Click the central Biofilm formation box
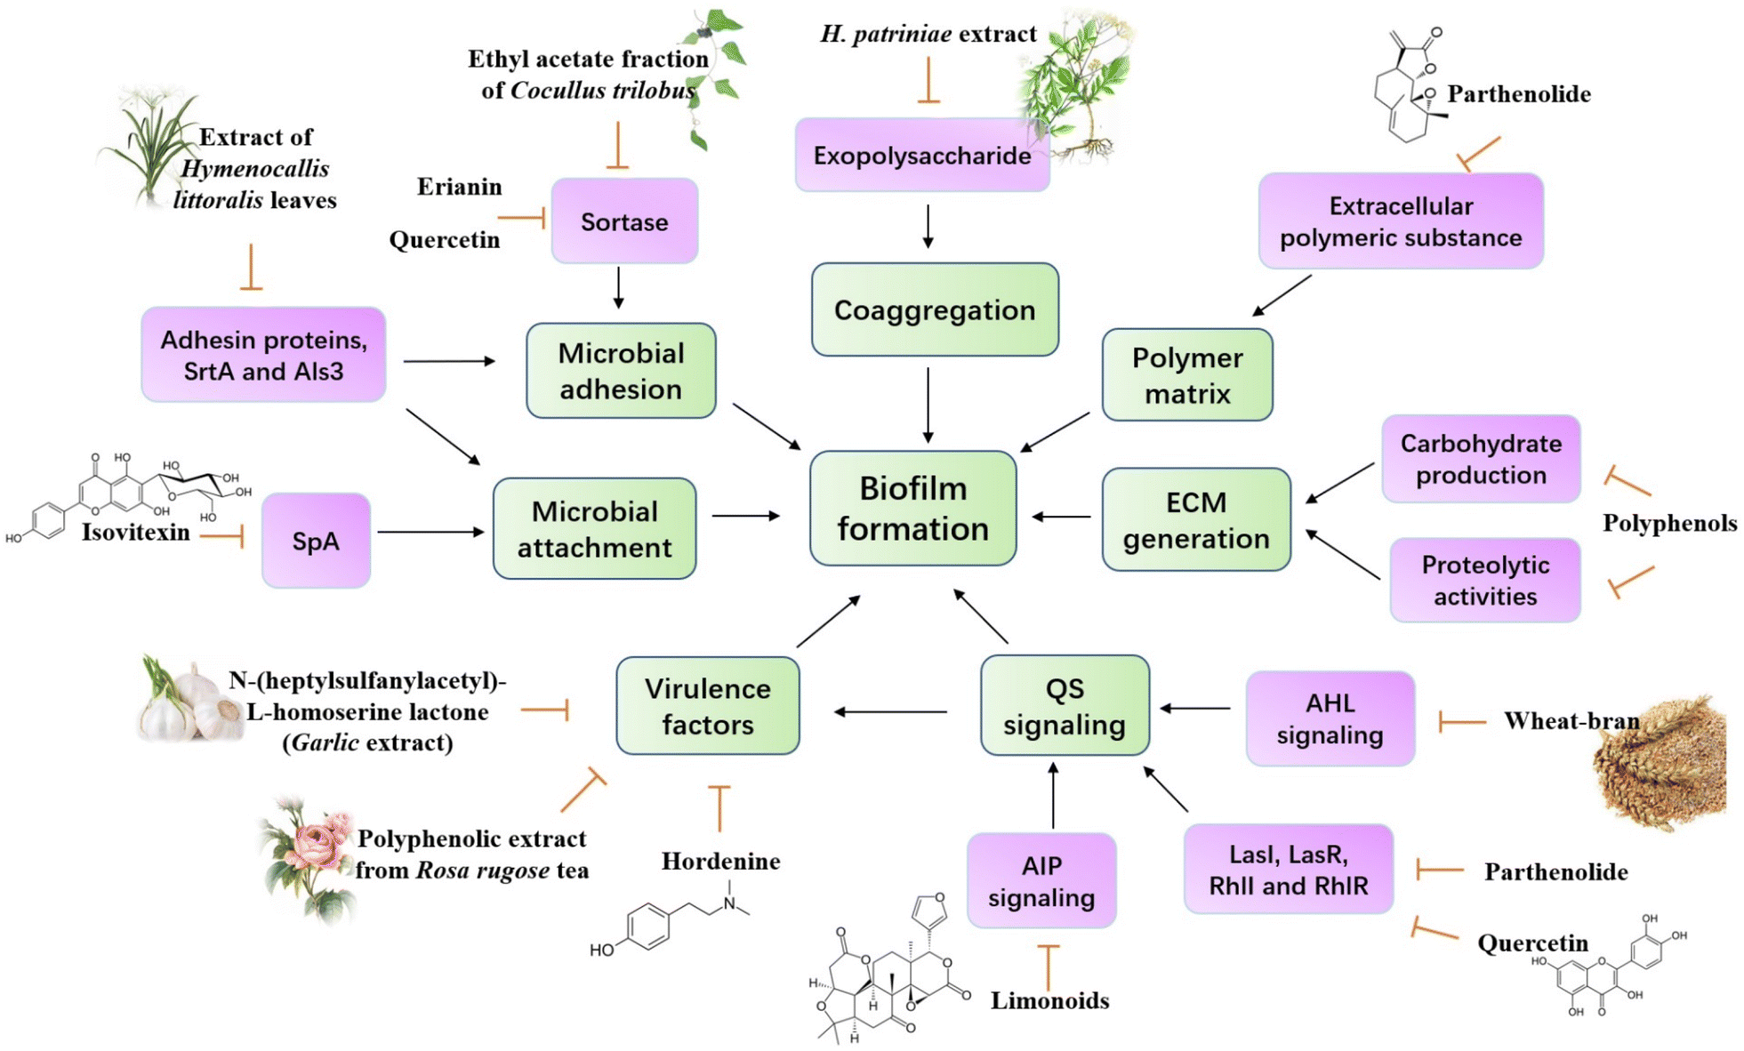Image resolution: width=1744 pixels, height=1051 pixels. [x=912, y=509]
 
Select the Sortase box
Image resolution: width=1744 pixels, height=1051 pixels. [x=623, y=221]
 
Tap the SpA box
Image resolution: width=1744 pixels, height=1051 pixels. [x=316, y=541]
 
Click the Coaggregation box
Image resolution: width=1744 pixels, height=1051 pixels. [x=934, y=309]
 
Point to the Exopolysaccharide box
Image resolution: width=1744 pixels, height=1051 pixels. [x=921, y=156]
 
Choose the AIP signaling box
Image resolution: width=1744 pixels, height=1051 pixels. [x=1041, y=880]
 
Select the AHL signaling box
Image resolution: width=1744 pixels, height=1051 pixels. [x=1330, y=718]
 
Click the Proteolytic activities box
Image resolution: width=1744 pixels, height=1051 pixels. [x=1484, y=580]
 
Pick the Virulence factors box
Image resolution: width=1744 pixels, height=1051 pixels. [x=707, y=706]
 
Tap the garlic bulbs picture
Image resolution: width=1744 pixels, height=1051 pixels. [x=189, y=702]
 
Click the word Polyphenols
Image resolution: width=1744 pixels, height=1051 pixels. [x=1669, y=523]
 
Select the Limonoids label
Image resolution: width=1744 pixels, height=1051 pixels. [x=1049, y=1000]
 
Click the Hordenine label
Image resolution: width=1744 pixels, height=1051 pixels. [x=720, y=861]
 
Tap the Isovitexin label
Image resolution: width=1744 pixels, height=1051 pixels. [x=135, y=532]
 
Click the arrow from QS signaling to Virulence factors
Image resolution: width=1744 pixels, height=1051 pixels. [x=890, y=711]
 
